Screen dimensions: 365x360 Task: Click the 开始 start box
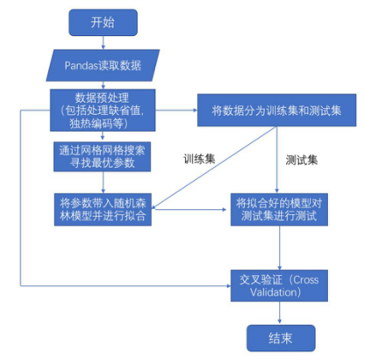click(x=103, y=23)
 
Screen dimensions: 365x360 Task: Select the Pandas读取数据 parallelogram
click(x=103, y=65)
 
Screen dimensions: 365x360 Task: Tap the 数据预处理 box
click(x=103, y=110)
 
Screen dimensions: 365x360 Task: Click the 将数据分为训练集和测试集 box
click(x=276, y=110)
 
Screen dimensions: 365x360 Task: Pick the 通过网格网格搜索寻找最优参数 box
click(x=102, y=156)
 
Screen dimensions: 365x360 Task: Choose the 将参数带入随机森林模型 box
click(x=103, y=209)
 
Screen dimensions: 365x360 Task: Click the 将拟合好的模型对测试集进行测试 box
click(x=279, y=209)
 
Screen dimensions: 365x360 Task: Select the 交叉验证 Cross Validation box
click(x=279, y=285)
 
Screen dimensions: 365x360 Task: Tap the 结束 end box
click(x=281, y=338)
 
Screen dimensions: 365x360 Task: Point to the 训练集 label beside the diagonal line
click(x=199, y=159)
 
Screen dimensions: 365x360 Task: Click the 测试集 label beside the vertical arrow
click(x=302, y=160)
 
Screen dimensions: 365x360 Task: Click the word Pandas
click(x=81, y=66)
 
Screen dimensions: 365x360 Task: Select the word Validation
click(x=273, y=292)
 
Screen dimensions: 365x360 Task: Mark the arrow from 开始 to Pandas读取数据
click(x=103, y=43)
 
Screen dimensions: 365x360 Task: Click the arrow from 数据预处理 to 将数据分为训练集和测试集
click(x=176, y=110)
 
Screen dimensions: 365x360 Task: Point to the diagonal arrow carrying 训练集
click(x=214, y=168)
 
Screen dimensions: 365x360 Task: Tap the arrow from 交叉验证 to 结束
click(x=280, y=313)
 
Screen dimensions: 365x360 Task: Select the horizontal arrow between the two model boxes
click(x=189, y=210)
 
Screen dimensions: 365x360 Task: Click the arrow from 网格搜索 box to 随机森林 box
click(x=103, y=183)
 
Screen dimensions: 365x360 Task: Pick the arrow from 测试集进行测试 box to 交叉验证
click(x=280, y=248)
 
